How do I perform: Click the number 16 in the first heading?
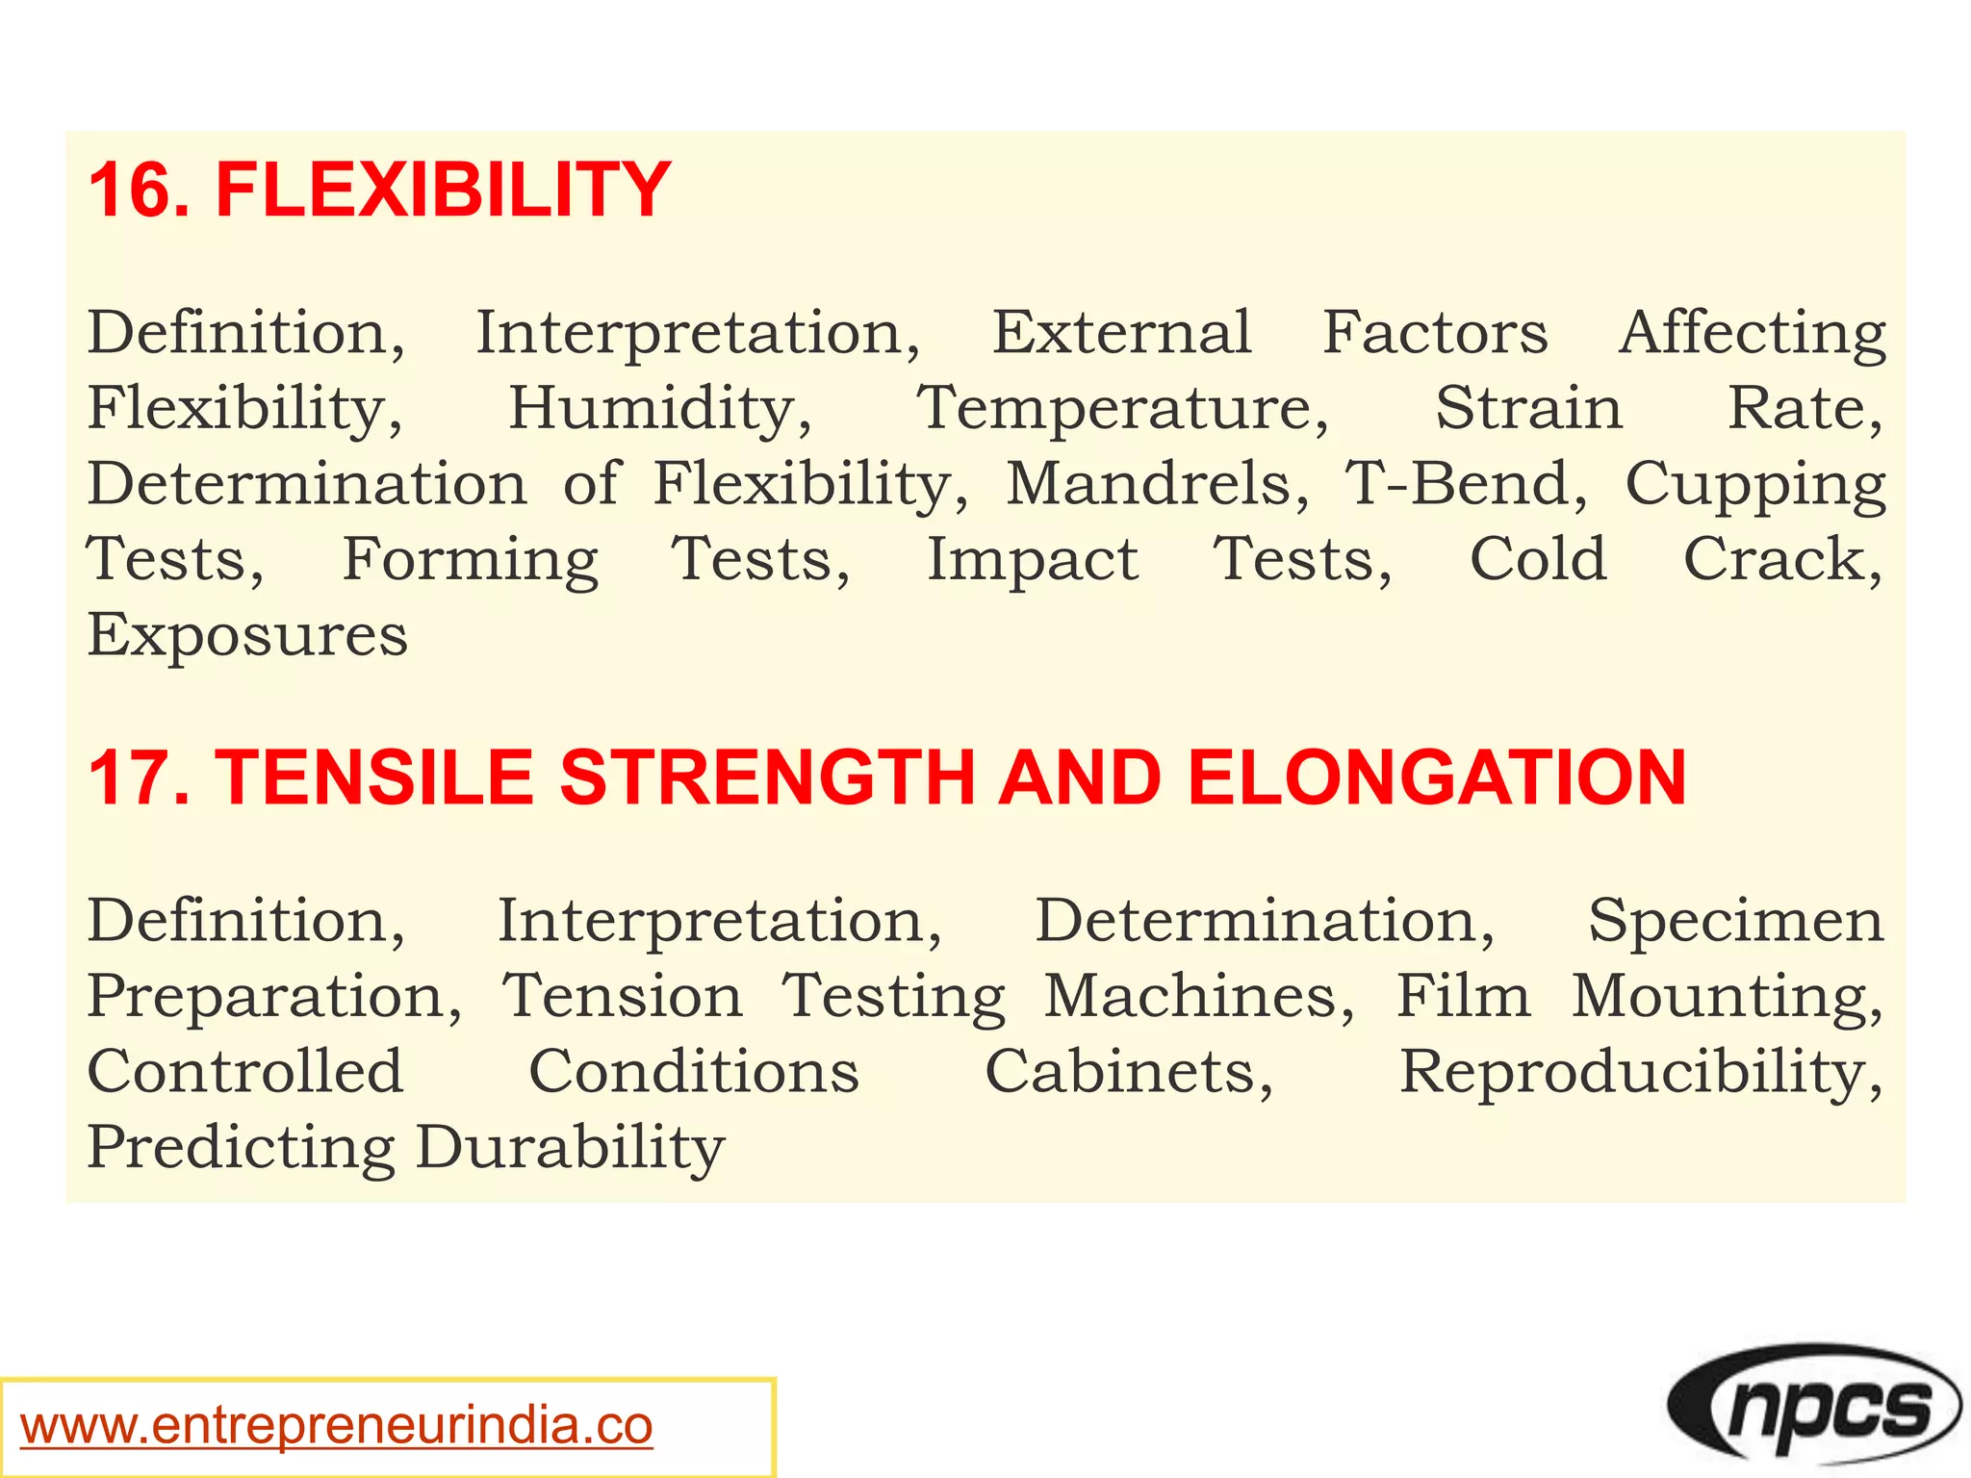point(131,190)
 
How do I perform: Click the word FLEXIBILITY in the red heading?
point(443,190)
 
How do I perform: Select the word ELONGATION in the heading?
point(1436,777)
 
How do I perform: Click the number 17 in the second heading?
point(131,777)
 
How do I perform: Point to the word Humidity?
point(660,408)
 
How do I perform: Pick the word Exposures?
point(247,636)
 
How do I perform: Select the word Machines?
point(1199,996)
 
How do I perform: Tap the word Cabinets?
point(1129,1072)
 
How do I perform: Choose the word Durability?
point(570,1147)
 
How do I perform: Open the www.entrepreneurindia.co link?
point(337,1426)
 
